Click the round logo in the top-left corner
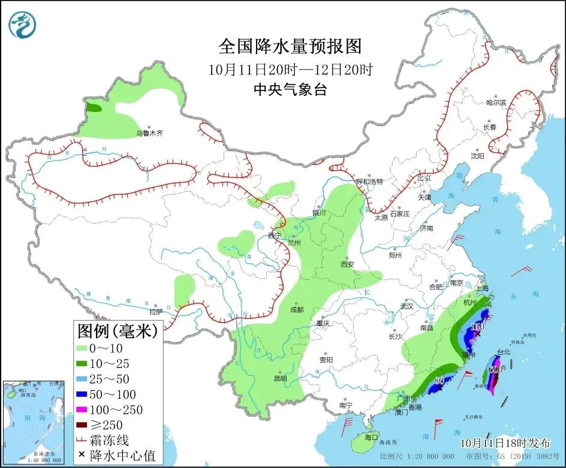click(x=23, y=23)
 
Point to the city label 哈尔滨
click(x=496, y=102)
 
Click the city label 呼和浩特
click(x=369, y=181)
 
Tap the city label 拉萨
click(x=156, y=312)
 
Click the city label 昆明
click(x=280, y=378)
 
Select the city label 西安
click(x=348, y=264)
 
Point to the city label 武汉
click(x=407, y=306)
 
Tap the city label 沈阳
click(x=477, y=156)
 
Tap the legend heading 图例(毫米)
click(x=117, y=330)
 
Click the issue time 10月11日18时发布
click(x=505, y=443)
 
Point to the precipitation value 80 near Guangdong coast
click(x=439, y=381)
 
